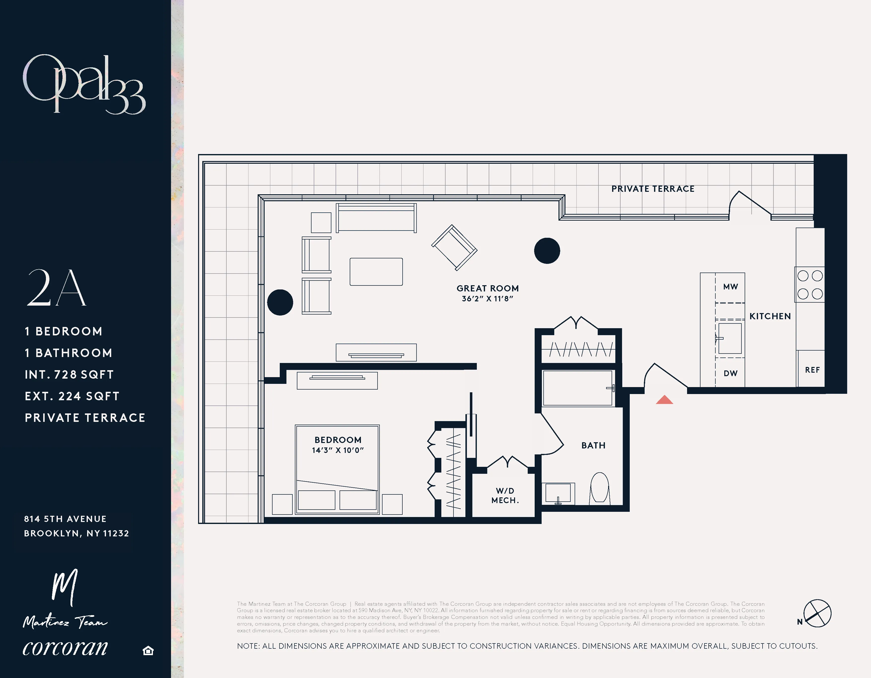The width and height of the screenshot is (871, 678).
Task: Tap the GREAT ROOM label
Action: pos(487,288)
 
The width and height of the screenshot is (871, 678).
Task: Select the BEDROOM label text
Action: pos(338,440)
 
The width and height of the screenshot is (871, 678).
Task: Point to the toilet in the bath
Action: pos(599,488)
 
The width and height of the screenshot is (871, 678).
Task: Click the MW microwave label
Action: pos(730,286)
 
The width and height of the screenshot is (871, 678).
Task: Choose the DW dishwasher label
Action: pos(730,373)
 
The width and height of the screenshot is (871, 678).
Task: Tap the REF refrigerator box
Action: pos(812,369)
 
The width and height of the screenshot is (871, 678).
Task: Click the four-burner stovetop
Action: pos(810,284)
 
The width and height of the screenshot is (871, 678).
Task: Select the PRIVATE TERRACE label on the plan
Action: pos(653,189)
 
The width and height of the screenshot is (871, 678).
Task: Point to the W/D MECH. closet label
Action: pos(505,495)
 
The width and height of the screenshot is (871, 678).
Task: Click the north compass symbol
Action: pos(817,613)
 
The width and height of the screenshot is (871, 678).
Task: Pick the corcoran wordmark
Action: pos(65,647)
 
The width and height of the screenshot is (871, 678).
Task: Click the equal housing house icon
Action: pos(148,651)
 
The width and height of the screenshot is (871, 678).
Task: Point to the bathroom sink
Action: pos(558,493)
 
